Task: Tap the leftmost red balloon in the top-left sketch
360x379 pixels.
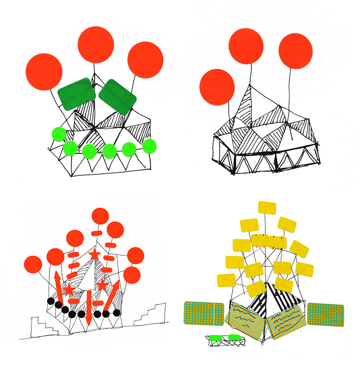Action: pyautogui.click(x=44, y=71)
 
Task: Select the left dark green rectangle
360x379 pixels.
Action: pyautogui.click(x=77, y=94)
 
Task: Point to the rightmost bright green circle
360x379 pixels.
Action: pyautogui.click(x=150, y=145)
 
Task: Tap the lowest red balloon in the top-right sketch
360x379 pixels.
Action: pyautogui.click(x=217, y=87)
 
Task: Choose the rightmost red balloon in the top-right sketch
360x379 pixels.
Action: pyautogui.click(x=295, y=51)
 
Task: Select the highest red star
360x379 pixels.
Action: pyautogui.click(x=94, y=254)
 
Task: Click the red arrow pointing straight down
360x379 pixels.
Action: pyautogui.click(x=89, y=308)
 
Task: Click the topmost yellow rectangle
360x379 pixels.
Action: pyautogui.click(x=266, y=209)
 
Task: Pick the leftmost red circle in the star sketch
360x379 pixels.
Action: pyautogui.click(x=33, y=265)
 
